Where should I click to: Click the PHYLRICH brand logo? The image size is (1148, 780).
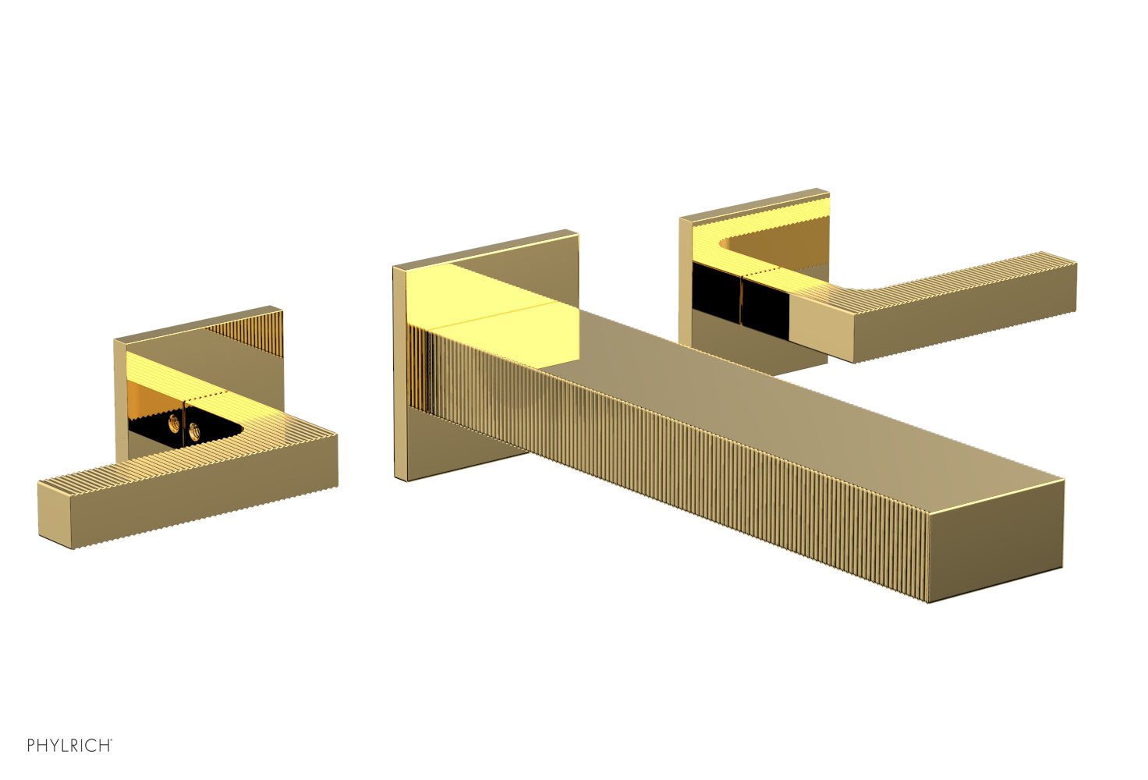point(69,746)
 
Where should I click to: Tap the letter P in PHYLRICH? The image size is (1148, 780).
point(31,746)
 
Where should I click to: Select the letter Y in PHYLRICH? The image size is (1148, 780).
point(52,746)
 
